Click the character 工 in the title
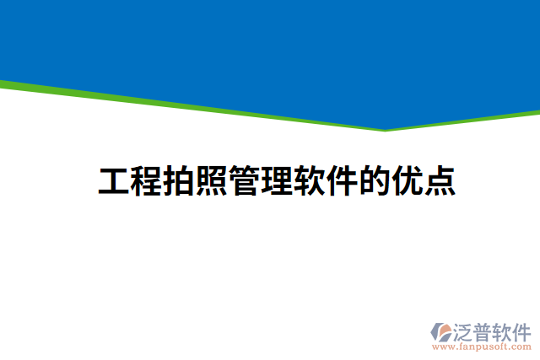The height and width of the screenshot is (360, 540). pyautogui.click(x=115, y=181)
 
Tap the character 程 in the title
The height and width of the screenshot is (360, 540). pyautogui.click(x=147, y=181)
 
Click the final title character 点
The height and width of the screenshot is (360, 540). pyautogui.click(x=440, y=181)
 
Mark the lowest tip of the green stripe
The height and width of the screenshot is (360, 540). pyautogui.click(x=386, y=130)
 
